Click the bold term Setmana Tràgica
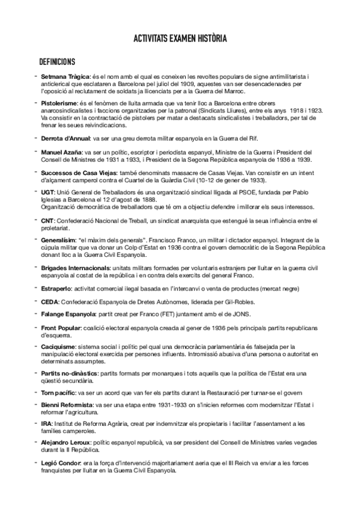coord(64,77)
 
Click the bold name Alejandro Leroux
coord(66,443)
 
